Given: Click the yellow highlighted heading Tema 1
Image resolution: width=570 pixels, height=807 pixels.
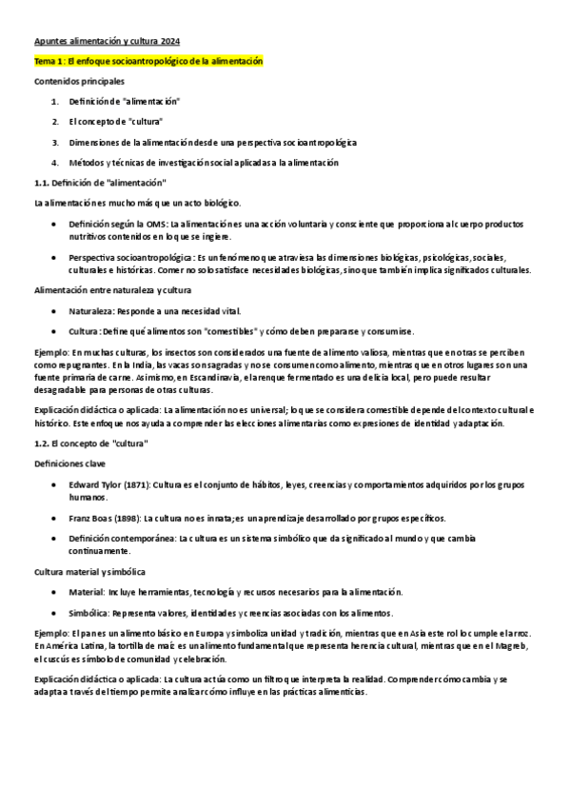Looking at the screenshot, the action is click(x=147, y=62).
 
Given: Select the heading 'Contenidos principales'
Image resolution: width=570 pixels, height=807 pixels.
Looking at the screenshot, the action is click(x=73, y=82).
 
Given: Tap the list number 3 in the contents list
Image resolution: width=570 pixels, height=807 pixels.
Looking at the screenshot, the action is click(x=55, y=142).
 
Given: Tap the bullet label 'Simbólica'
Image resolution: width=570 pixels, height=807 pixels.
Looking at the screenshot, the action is click(x=88, y=612).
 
